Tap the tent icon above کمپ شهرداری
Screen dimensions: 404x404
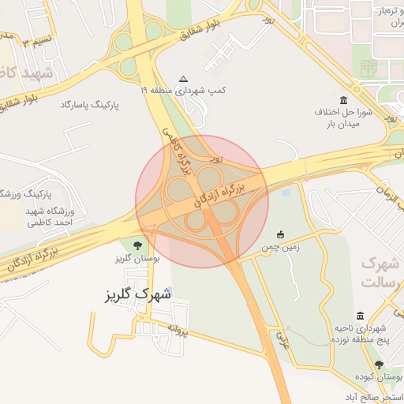[184, 79]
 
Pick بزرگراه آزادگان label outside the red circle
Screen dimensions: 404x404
[47, 256]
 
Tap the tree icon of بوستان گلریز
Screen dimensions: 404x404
[139, 245]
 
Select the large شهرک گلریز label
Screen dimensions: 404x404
[138, 295]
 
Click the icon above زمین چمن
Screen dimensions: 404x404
[280, 234]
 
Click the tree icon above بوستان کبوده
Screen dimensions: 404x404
[380, 365]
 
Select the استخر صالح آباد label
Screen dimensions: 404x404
[369, 396]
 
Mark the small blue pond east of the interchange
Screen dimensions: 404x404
[285, 190]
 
